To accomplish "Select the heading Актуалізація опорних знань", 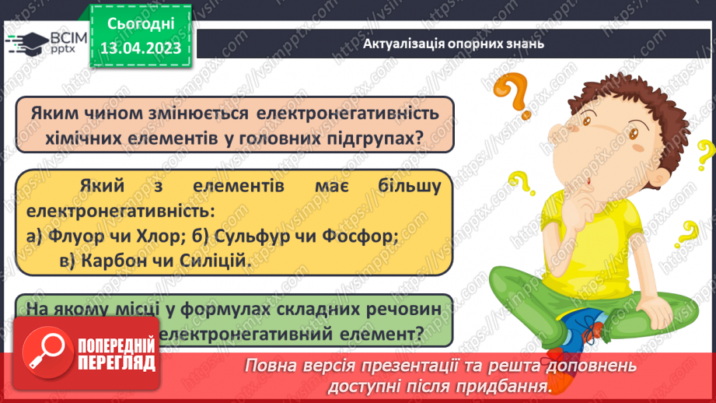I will point(452,44).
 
